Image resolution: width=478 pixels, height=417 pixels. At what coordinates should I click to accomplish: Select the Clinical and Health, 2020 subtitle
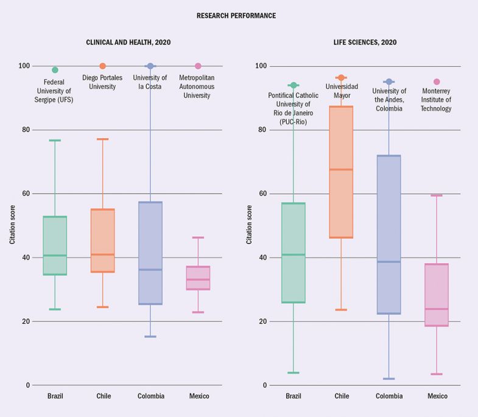pos(128,43)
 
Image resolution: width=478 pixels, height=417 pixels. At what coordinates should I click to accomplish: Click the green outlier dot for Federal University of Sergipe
pos(55,70)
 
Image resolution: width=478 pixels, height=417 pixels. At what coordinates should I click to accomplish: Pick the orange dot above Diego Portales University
pos(102,66)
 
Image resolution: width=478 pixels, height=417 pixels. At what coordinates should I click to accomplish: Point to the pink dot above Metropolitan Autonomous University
pos(198,66)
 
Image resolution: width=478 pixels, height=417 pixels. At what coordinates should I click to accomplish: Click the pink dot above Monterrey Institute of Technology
pos(437,82)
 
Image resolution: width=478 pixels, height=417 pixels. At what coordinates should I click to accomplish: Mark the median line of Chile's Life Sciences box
pos(341,169)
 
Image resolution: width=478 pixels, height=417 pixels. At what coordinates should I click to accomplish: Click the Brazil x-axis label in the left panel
pos(55,396)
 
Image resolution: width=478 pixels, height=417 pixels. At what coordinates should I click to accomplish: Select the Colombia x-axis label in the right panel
pos(388,396)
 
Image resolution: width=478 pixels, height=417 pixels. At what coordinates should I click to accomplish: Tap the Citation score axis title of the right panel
pos(249,225)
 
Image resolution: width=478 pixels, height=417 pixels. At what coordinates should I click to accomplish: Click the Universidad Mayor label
pos(341,91)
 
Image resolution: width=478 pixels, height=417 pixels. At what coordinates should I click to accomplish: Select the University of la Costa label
pos(150,82)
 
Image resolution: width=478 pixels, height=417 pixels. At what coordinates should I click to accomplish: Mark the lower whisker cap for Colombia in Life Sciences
pos(388,379)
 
